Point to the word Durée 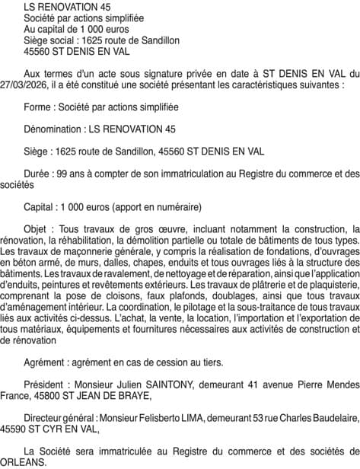39,174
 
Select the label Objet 38,228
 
